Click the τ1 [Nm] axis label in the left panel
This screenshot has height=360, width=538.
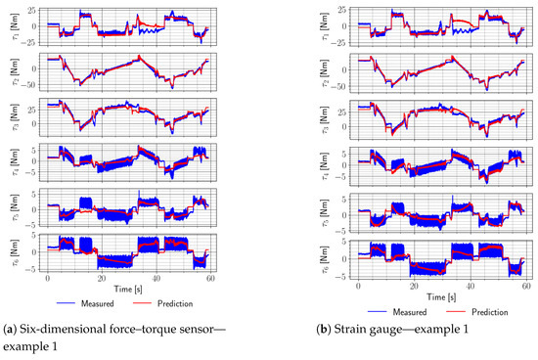(x=12, y=27)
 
